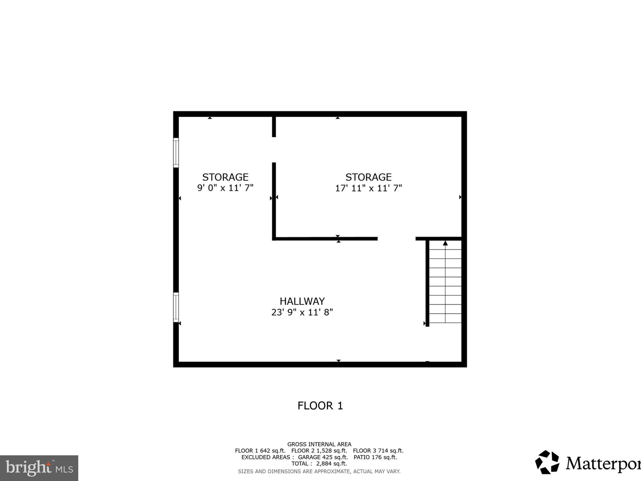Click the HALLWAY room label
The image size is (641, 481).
pos(302,301)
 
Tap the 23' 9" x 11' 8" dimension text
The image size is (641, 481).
pos(302,312)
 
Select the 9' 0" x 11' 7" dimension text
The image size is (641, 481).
pos(225,188)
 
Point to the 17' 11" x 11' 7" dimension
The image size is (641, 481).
pos(368,188)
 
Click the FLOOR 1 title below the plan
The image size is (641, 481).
pos(320,406)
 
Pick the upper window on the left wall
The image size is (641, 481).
pos(176,153)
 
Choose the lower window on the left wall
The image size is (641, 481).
pos(176,307)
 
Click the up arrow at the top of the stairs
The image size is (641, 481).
pos(445,243)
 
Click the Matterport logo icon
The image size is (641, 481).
pos(547,462)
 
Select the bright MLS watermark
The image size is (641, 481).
pos(39,468)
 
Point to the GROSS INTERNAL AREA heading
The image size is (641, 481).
pos(319,444)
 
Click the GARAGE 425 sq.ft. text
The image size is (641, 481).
pos(323,457)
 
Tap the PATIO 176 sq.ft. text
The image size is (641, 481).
pos(375,457)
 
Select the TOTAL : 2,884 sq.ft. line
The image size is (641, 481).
pos(319,463)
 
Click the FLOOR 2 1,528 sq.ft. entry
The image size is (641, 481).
pos(319,451)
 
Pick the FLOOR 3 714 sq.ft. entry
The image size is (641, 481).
pos(378,451)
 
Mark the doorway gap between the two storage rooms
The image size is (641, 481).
pos(274,150)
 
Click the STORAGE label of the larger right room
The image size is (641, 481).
pos(368,177)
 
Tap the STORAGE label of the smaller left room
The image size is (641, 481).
pos(225,177)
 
